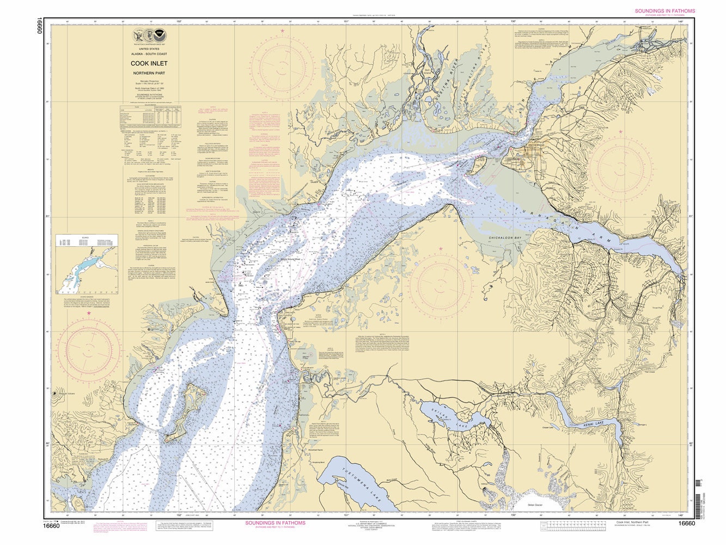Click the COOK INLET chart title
coord(148,63)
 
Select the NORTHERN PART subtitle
coord(148,72)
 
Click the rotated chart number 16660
coord(39,26)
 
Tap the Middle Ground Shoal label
coord(272,260)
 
